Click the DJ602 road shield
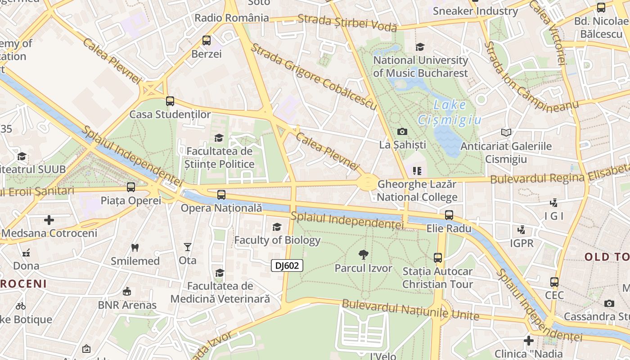[287, 265]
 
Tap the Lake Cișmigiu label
[450, 112]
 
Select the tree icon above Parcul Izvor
[364, 255]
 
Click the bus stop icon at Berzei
[207, 40]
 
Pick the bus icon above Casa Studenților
[170, 101]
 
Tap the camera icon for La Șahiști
[402, 131]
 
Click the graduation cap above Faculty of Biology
[277, 227]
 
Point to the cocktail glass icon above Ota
[188, 247]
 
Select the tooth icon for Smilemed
[135, 247]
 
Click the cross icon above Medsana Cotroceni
[49, 220]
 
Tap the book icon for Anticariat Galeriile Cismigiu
[506, 132]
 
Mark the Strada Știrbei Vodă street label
[347, 22]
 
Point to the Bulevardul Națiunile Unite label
[410, 310]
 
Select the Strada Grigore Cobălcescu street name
[313, 76]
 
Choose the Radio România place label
[232, 18]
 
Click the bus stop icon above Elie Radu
[449, 215]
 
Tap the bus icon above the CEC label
[554, 282]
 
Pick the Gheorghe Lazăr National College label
[417, 191]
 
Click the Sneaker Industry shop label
[475, 11]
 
